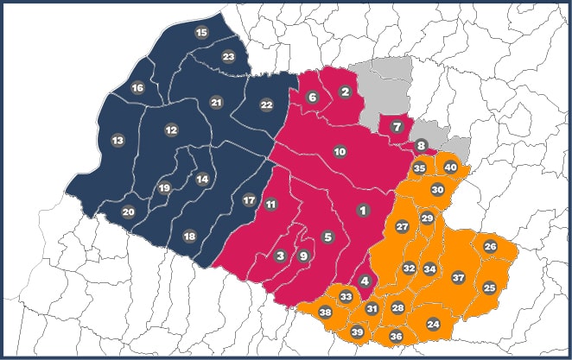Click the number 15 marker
[202, 33]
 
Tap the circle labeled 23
[228, 57]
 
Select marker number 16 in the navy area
[137, 87]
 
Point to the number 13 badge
[118, 140]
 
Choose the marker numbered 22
[266, 104]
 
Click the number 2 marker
[345, 92]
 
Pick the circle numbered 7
[397, 128]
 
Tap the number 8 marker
[422, 146]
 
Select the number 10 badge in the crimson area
[340, 152]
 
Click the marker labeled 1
[363, 210]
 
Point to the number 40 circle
[450, 167]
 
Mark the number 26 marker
[490, 247]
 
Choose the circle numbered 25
[489, 287]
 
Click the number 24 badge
[433, 324]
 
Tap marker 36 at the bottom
[396, 336]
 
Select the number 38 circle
[326, 312]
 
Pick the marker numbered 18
[189, 237]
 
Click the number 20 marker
[128, 212]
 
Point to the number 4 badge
[365, 281]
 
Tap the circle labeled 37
[458, 278]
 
